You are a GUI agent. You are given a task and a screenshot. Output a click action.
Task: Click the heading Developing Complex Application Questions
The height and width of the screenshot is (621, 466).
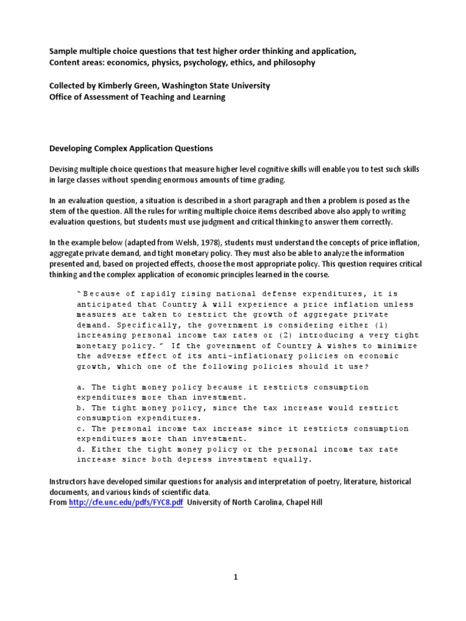(131, 148)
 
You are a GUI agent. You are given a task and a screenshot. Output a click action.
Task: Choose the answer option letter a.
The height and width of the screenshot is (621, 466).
(80, 388)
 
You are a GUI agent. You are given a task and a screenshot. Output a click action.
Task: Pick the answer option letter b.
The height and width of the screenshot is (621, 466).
(80, 408)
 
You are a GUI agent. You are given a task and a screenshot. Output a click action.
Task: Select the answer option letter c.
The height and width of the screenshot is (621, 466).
(80, 429)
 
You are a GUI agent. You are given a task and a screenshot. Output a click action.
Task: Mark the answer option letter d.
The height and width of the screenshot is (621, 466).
(80, 449)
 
